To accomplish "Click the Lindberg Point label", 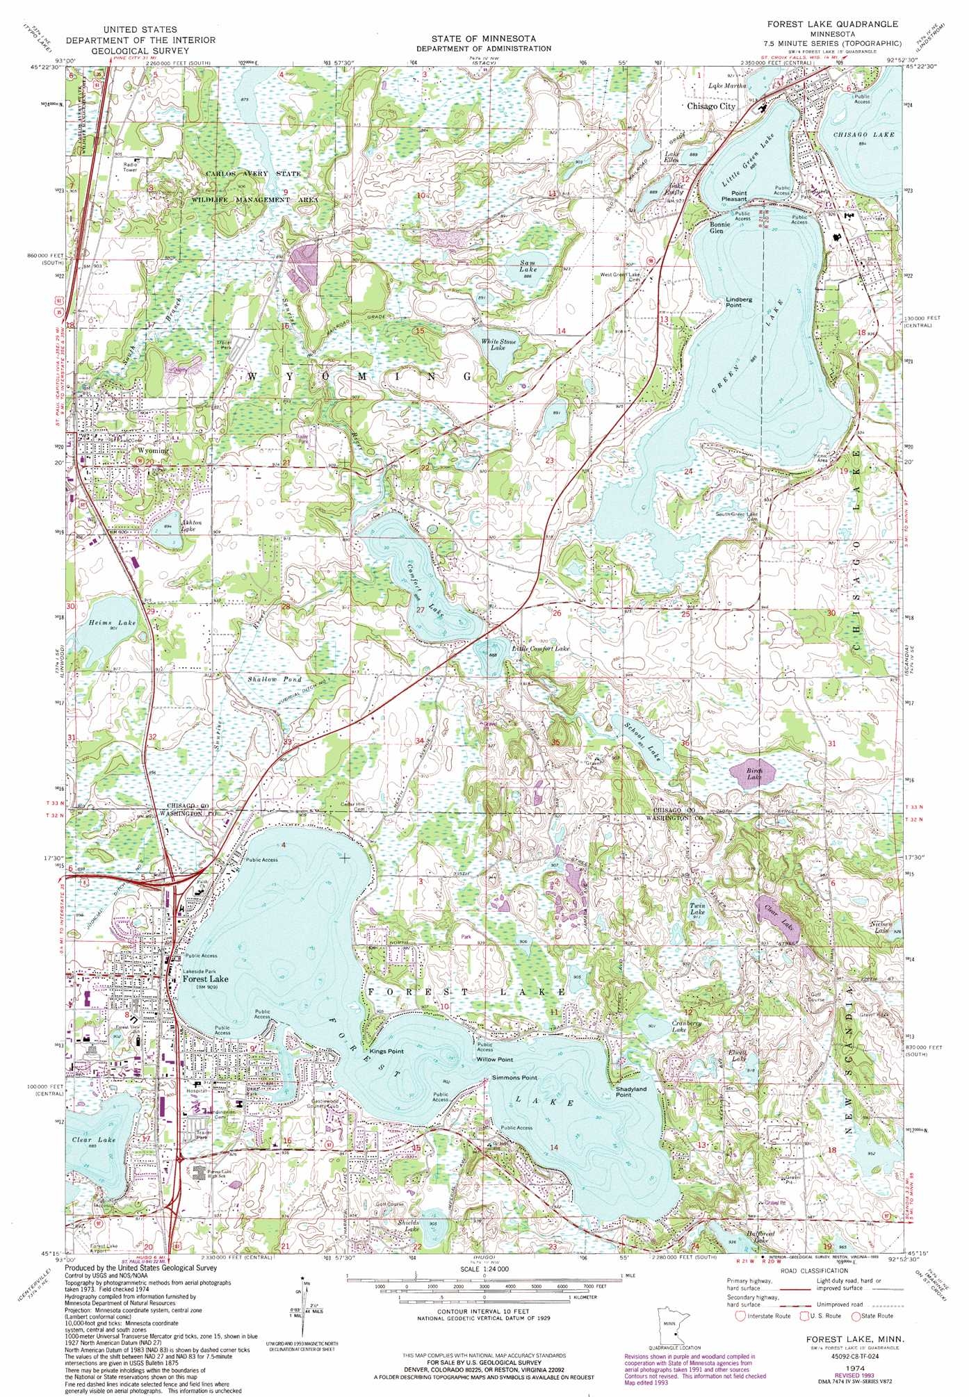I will pos(739,302).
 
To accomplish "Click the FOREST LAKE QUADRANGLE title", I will pos(832,24).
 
